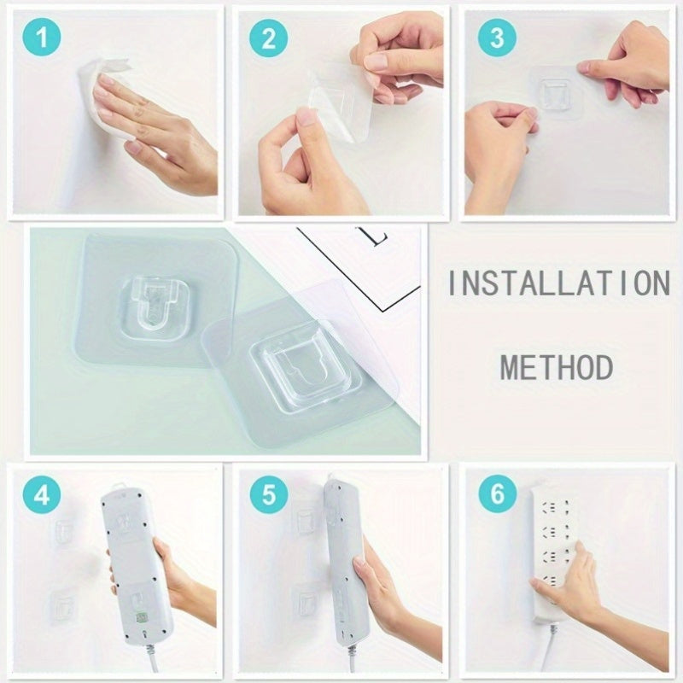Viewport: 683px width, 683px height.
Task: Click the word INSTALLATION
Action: [558, 283]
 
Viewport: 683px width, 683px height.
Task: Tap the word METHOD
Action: [557, 368]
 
